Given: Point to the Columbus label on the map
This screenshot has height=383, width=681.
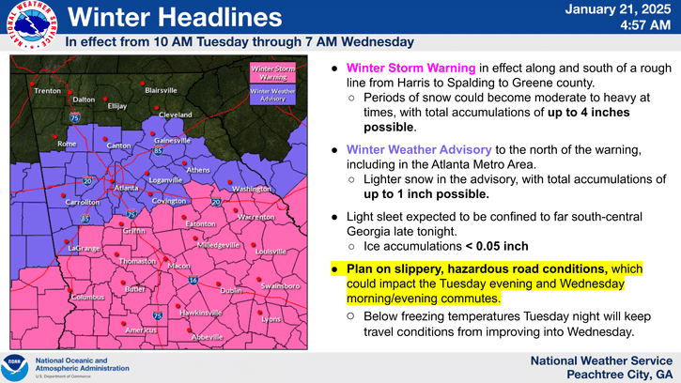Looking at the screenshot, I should [88, 298].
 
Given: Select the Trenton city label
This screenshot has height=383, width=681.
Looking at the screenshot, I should [47, 91].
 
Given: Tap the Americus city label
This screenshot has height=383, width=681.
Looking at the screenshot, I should [141, 330].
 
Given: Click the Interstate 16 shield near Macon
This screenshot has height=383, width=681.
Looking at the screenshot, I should [191, 280].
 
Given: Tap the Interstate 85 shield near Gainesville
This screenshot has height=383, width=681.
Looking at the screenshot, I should [160, 150].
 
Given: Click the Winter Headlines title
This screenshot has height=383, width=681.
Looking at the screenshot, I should [175, 18].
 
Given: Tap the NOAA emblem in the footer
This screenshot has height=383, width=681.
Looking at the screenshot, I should [16, 366].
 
